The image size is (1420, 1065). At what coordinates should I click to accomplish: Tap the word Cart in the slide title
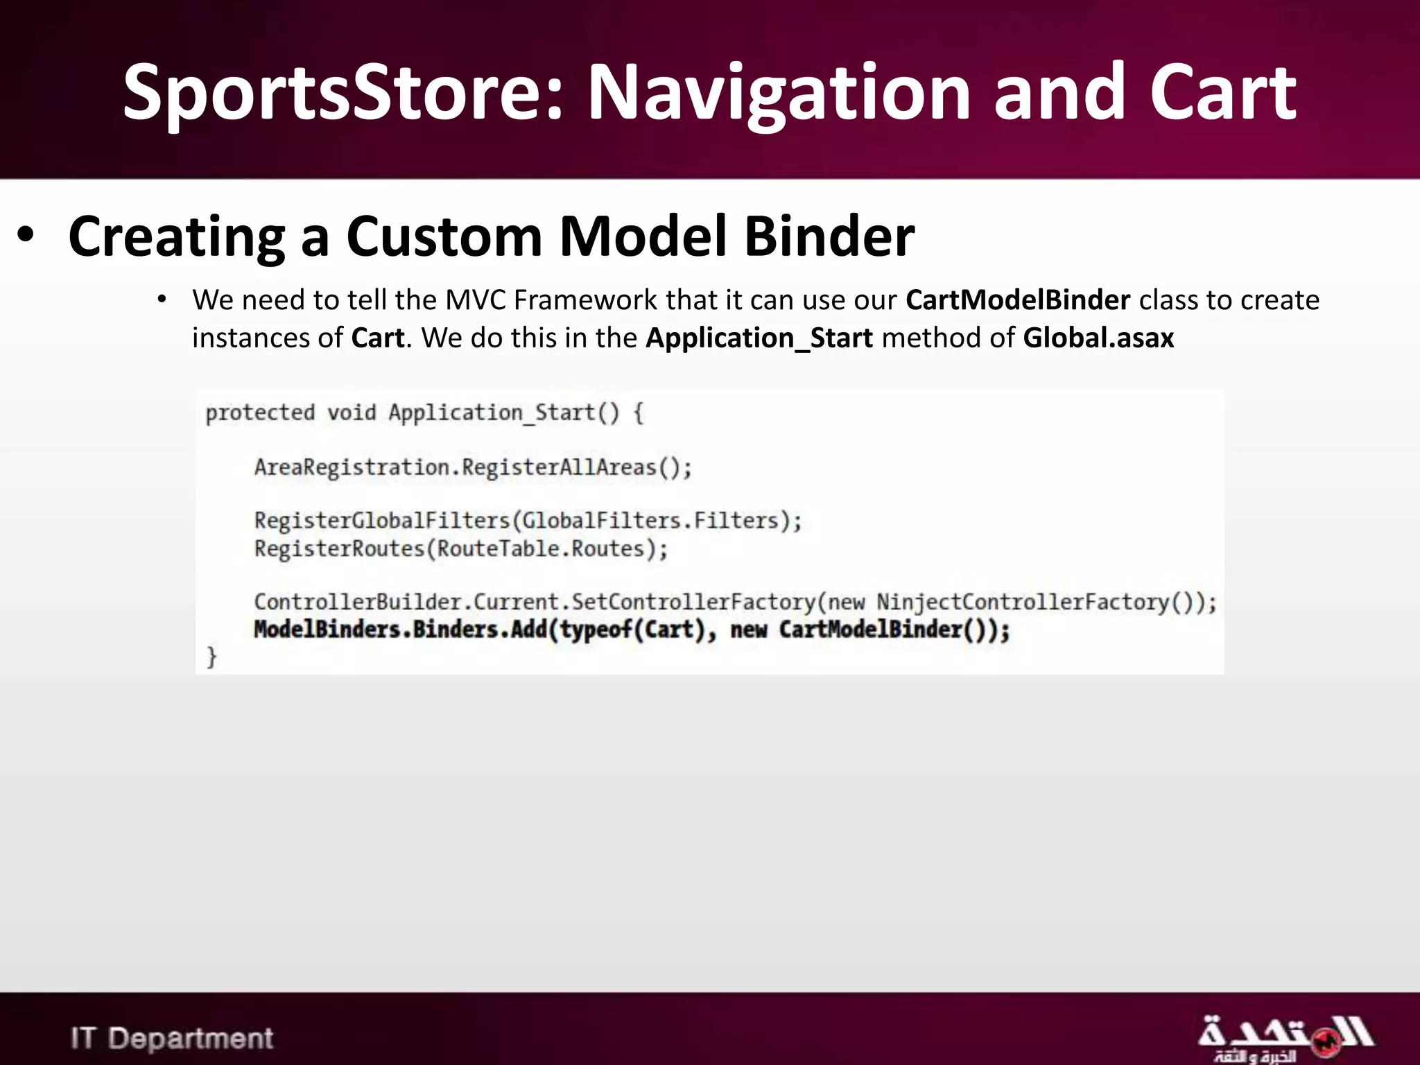(1222, 94)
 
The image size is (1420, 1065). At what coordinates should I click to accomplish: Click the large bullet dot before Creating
(26, 236)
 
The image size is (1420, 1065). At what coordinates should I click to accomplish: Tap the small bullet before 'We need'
(162, 300)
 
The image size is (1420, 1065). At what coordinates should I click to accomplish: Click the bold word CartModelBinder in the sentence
(1018, 300)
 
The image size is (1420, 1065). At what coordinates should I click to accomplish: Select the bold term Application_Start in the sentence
(759, 338)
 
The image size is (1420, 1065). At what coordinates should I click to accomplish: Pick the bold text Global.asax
(1098, 338)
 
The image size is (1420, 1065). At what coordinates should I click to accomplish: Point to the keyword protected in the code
(260, 413)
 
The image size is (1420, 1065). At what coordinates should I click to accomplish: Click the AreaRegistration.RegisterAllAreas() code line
(473, 467)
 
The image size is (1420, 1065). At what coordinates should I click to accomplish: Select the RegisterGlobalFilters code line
(528, 521)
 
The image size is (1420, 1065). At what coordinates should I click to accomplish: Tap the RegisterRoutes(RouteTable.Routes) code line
(461, 549)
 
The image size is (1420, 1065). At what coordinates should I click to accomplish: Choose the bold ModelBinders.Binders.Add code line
(632, 630)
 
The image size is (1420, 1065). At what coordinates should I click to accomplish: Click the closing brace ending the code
(211, 657)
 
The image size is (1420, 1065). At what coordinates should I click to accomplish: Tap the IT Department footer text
(172, 1038)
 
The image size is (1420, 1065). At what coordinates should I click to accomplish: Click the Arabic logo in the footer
(1284, 1038)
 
